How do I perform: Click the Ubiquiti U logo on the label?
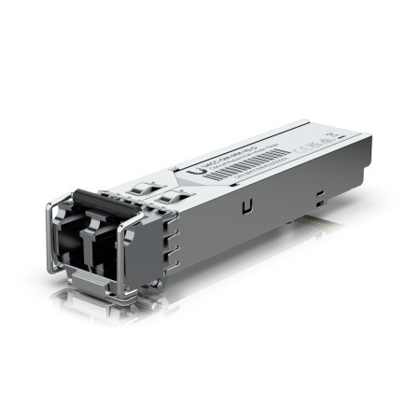click(198, 171)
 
